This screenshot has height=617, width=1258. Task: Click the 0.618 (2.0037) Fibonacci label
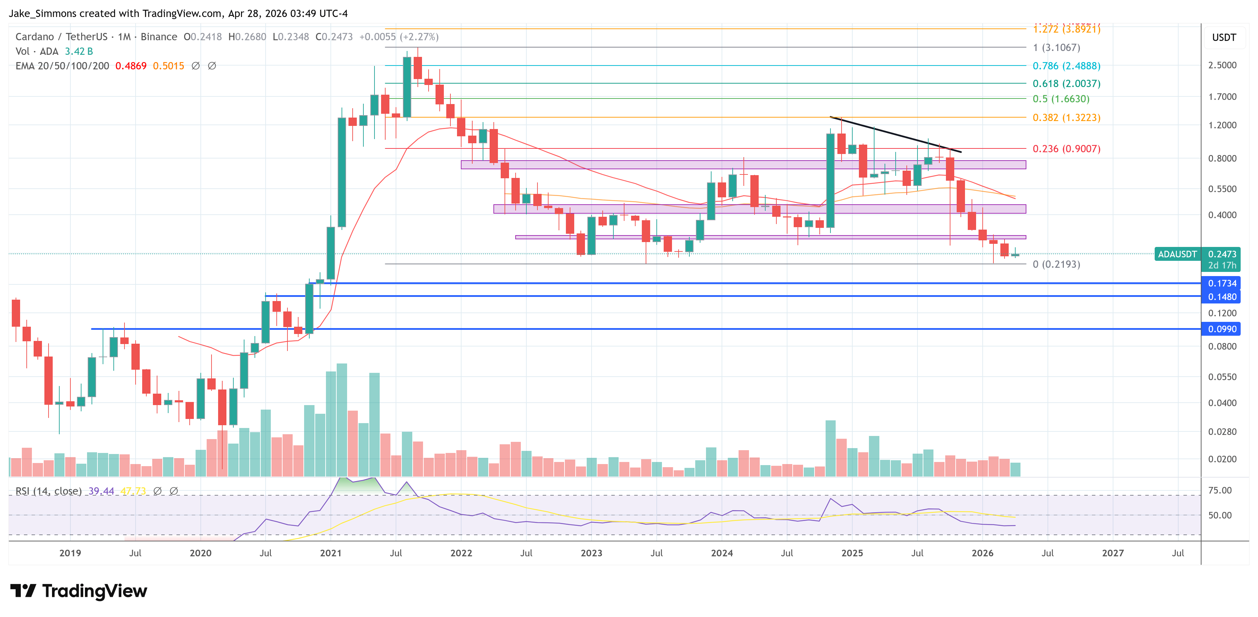1066,84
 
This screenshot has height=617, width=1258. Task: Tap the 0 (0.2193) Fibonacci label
1056,264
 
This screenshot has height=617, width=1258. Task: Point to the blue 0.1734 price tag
1222,283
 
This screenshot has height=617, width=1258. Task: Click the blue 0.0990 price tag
1222,329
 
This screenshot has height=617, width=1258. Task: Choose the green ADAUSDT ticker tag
1177,254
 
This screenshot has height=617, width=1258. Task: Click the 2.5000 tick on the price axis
1222,65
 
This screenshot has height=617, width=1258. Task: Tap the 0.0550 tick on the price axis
1222,377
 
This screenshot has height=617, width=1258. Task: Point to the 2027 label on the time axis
1112,553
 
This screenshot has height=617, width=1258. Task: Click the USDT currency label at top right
1224,37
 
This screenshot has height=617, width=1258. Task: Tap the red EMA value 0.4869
131,66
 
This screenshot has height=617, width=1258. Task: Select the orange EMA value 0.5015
169,66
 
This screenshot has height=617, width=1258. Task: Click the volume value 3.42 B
79,51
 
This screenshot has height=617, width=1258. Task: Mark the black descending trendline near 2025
896,134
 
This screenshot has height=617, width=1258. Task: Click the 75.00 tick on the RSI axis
1220,490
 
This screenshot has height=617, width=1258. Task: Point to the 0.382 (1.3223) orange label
1066,118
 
